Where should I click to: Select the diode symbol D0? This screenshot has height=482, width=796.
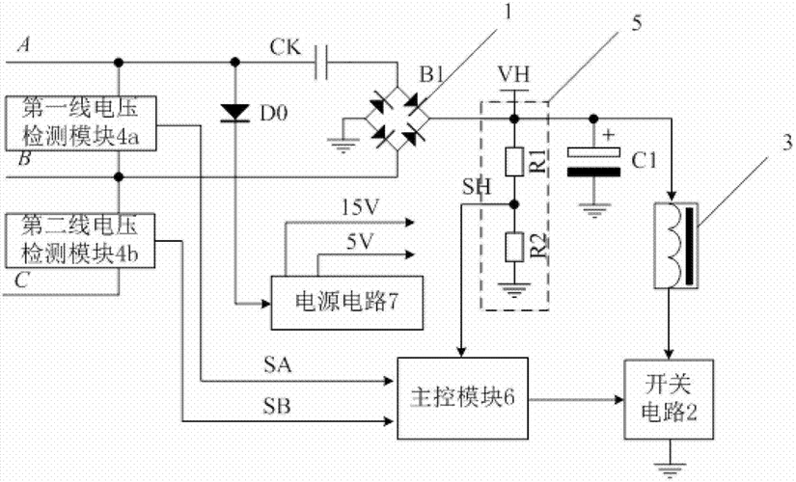point(234,114)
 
